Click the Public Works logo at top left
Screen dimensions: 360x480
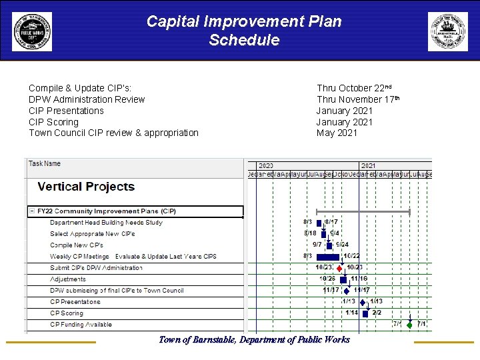coord(31,31)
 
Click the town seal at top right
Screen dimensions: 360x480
coord(447,31)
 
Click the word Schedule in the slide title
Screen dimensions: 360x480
coord(244,40)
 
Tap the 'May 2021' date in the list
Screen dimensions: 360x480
coord(337,133)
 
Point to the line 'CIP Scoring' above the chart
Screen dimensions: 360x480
coord(53,122)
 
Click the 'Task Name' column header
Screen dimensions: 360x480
coord(45,163)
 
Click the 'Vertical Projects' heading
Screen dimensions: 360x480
coord(86,187)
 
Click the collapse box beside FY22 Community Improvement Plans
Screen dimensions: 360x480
coord(31,211)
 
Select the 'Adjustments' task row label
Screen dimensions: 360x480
coord(68,279)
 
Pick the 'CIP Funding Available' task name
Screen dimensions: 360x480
coord(81,325)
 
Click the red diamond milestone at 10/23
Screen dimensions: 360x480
coord(339,268)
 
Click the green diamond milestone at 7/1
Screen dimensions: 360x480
coord(409,325)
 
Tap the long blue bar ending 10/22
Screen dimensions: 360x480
coord(328,257)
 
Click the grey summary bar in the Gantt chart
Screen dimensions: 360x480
coord(363,211)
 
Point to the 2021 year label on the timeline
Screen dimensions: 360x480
coord(368,165)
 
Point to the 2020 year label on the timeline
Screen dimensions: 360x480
coord(265,165)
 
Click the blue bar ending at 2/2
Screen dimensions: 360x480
coord(365,313)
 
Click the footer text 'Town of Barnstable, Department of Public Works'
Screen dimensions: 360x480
coord(254,340)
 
